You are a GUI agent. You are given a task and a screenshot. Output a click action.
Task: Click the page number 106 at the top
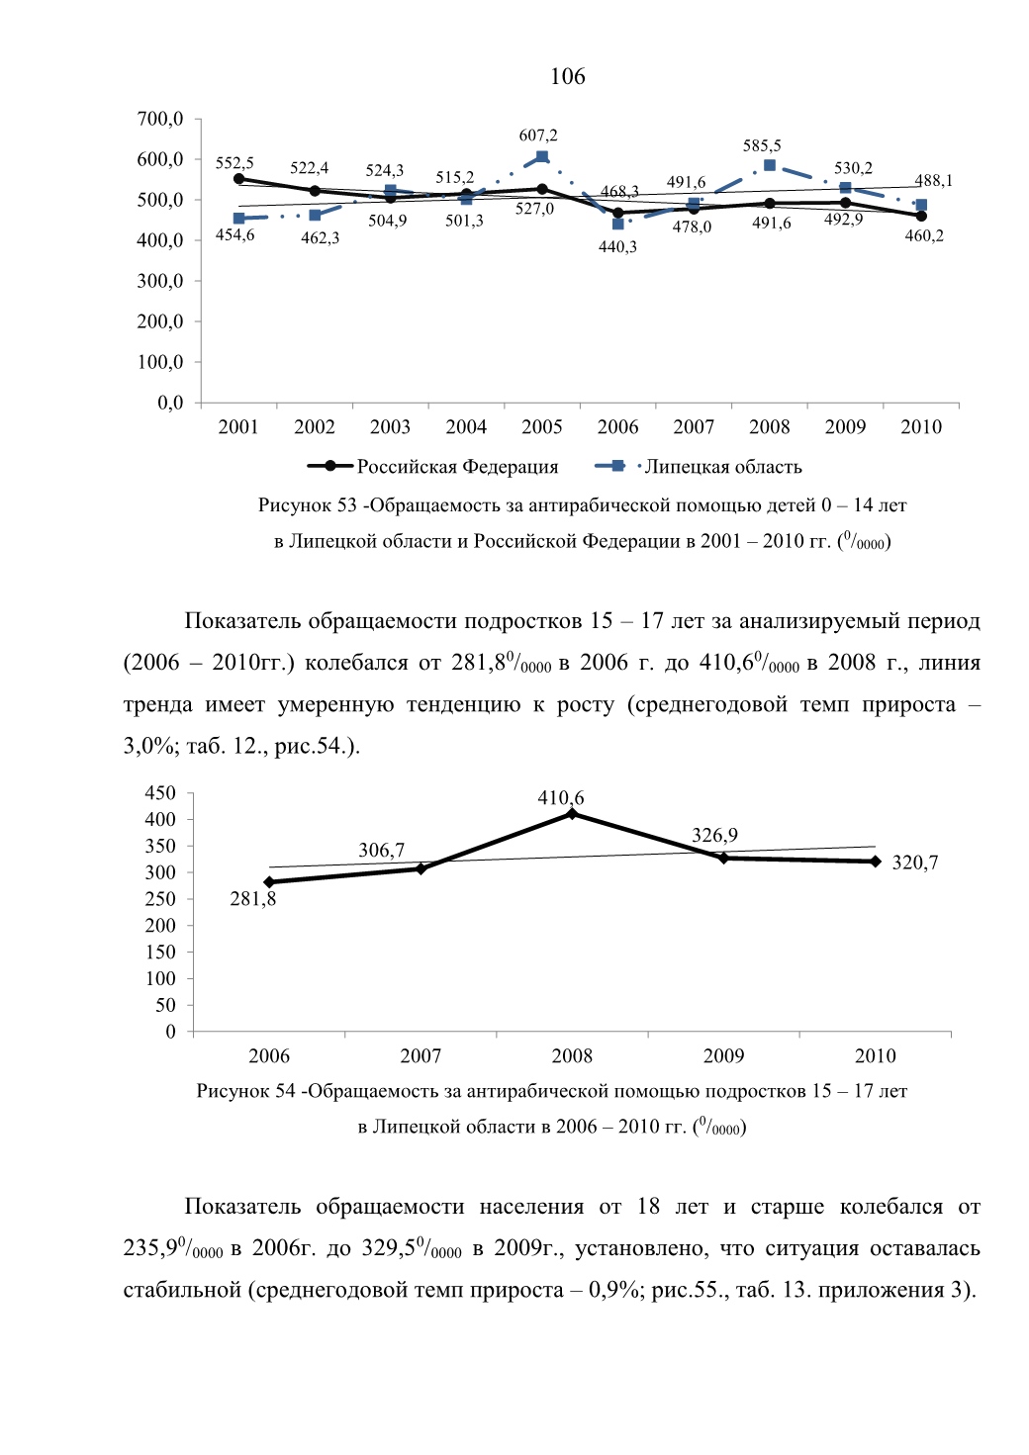coord(567,76)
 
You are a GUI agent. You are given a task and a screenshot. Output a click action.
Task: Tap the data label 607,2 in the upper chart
coord(538,136)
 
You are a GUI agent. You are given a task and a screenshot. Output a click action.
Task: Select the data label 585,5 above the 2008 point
coord(762,145)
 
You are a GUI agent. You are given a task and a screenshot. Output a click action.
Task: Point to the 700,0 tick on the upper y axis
coord(160,119)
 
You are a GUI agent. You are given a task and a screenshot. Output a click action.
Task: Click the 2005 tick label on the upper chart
coord(542,426)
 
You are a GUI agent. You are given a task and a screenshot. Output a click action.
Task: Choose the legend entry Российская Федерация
coord(432,467)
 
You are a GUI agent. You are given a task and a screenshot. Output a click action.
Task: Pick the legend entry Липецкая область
coord(699,467)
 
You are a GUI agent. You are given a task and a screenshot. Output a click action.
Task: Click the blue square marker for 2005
coord(542,157)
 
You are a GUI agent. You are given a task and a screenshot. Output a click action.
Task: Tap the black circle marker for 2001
coord(238,179)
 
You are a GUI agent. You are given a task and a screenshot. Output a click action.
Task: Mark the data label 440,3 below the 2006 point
coord(617,247)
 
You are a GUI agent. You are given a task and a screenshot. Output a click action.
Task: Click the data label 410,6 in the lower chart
coord(561,797)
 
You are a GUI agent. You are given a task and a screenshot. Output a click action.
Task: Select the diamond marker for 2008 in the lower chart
coord(572,814)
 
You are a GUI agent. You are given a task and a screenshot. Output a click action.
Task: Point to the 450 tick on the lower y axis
coord(161,792)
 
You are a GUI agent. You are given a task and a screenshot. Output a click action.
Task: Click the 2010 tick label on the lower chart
coord(875,1055)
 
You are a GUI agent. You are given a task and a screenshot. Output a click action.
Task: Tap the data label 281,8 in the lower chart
coord(252,899)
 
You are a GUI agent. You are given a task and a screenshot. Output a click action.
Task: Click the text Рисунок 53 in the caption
coord(308,504)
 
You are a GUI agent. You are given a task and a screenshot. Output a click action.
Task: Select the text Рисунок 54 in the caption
coord(246,1091)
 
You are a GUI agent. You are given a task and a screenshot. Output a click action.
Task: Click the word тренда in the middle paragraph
coord(158,705)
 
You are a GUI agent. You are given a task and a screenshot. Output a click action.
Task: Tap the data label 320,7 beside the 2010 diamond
coord(914,863)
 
